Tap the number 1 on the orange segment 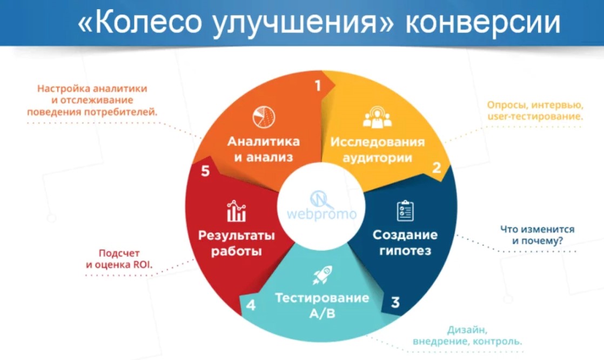pyautogui.click(x=318, y=85)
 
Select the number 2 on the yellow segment pyautogui.click(x=437, y=168)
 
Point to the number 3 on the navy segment pyautogui.click(x=395, y=303)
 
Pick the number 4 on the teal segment pyautogui.click(x=251, y=305)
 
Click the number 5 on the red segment pyautogui.click(x=205, y=171)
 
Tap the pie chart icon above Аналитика pyautogui.click(x=264, y=117)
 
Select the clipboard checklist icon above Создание pyautogui.click(x=405, y=210)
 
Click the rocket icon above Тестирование pyautogui.click(x=322, y=275)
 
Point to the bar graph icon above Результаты pyautogui.click(x=236, y=211)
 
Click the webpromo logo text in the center pyautogui.click(x=321, y=214)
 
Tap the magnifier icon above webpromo pyautogui.click(x=321, y=199)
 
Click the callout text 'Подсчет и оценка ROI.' pyautogui.click(x=119, y=259)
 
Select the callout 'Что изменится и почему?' pyautogui.click(x=538, y=235)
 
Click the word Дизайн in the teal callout pyautogui.click(x=467, y=330)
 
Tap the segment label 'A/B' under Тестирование pyautogui.click(x=322, y=314)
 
